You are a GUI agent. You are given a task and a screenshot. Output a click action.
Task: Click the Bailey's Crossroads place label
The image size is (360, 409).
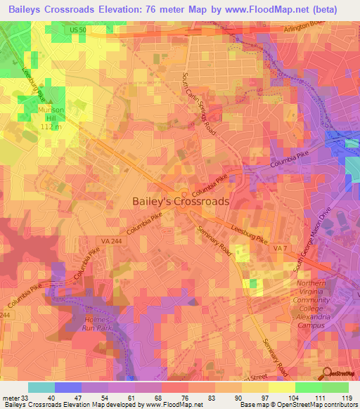pos(181,201)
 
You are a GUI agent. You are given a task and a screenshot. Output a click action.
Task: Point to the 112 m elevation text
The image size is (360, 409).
pos(51,127)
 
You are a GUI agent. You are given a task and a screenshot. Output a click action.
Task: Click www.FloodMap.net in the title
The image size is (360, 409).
pos(253,9)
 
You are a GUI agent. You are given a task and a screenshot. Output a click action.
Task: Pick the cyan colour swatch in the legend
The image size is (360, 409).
pos(41,387)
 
